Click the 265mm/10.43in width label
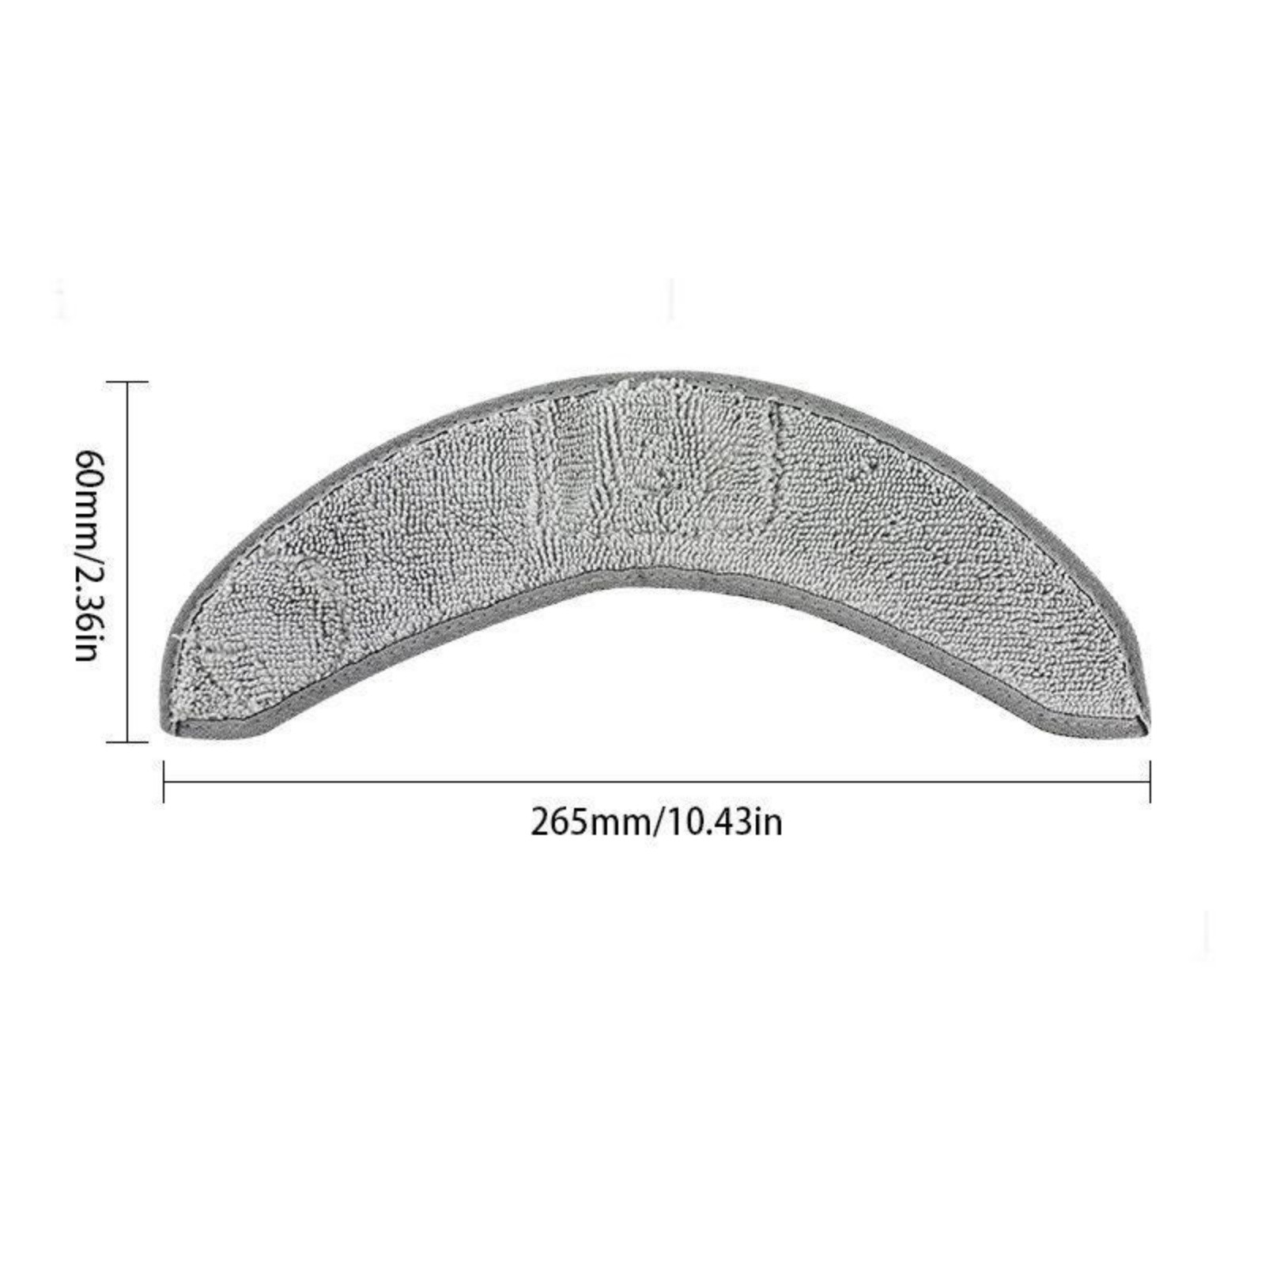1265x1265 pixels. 656,823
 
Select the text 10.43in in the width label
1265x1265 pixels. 725,823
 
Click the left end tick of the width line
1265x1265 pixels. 164,782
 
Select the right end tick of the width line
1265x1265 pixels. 1150,782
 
